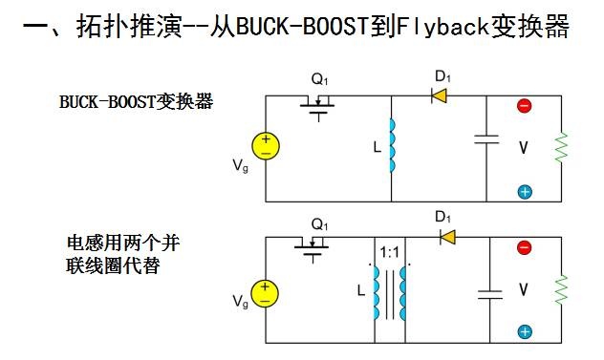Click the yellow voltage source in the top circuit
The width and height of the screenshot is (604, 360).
(266, 146)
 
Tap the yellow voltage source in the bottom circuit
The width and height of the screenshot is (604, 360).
(265, 293)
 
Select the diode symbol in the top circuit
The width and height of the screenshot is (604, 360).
(439, 95)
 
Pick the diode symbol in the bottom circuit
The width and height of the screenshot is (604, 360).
(447, 237)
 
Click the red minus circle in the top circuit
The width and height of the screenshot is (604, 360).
(525, 105)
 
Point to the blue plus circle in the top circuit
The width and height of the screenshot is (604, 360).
(525, 192)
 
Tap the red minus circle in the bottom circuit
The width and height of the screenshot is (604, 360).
(525, 247)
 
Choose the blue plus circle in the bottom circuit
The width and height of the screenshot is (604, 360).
(525, 332)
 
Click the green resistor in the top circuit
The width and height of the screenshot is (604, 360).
(561, 147)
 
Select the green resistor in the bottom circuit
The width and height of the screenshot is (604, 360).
(561, 289)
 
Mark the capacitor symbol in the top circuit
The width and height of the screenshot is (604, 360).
(486, 139)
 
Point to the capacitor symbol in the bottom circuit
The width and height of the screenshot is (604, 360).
(490, 294)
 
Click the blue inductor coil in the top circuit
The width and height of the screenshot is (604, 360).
(392, 145)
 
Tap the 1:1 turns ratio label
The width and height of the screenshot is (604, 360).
(389, 253)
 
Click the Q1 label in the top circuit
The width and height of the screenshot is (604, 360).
(319, 79)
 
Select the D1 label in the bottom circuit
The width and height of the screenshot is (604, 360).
(443, 217)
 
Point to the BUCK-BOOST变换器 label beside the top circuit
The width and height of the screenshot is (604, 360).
(137, 102)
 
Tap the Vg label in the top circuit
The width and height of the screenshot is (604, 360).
(241, 166)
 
